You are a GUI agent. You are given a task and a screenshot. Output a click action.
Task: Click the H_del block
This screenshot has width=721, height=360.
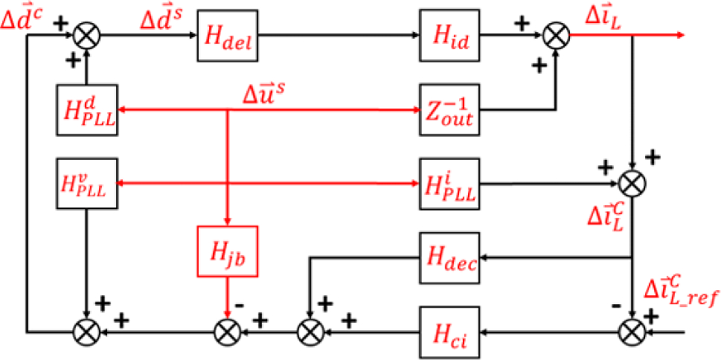click(226, 35)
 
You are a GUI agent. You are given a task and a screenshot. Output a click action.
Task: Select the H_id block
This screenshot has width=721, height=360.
click(449, 35)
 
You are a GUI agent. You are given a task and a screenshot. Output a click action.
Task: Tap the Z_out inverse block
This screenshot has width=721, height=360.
click(449, 110)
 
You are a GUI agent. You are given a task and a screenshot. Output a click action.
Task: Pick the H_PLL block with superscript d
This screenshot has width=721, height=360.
click(86, 110)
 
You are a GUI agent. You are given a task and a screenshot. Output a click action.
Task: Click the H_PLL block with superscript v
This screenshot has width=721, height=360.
click(86, 183)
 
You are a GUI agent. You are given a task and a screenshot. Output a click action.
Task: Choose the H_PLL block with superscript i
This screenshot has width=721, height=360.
click(449, 183)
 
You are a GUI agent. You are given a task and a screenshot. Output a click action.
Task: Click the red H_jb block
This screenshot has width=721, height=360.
click(226, 252)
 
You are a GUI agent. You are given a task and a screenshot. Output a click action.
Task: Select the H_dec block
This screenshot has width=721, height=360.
click(449, 257)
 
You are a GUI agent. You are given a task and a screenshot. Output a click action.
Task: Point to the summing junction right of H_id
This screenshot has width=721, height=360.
click(556, 35)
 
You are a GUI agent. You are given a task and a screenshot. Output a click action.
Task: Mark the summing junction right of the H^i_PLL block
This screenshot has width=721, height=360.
click(632, 183)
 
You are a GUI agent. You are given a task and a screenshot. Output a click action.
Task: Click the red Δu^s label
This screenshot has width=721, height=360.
click(264, 96)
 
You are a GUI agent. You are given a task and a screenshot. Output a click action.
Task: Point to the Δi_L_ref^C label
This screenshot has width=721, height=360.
click(682, 291)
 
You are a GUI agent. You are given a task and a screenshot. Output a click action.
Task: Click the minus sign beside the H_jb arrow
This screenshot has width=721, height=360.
click(239, 305)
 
